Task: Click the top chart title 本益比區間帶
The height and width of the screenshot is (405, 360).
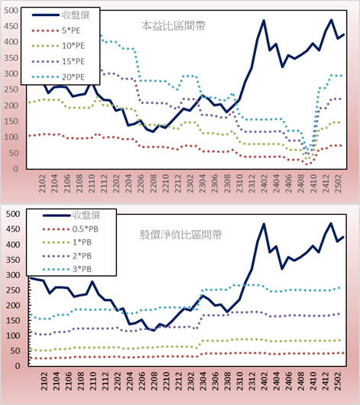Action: pyautogui.click(x=174, y=26)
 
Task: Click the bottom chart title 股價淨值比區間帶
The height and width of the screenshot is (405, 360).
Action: pyautogui.click(x=180, y=235)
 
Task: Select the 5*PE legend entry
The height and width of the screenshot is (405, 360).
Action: pyautogui.click(x=56, y=31)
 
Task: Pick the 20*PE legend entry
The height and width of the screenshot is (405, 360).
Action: pyautogui.click(x=58, y=77)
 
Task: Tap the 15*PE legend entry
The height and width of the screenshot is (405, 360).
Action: pyautogui.click(x=58, y=61)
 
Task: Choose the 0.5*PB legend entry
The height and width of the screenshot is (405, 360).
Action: pyautogui.click(x=70, y=229)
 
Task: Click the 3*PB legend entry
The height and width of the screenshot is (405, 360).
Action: pyautogui.click(x=67, y=269)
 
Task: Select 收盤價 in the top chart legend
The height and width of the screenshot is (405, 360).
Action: pyautogui.click(x=60, y=15)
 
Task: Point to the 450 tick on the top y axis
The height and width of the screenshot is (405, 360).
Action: pyautogui.click(x=11, y=26)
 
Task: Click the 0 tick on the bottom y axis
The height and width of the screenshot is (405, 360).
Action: pyautogui.click(x=17, y=366)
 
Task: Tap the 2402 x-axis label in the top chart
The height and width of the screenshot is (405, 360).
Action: pyautogui.click(x=264, y=183)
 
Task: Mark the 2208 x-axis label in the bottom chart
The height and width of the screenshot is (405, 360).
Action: pyautogui.click(x=154, y=381)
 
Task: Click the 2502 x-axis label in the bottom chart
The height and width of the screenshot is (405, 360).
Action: pyautogui.click(x=338, y=381)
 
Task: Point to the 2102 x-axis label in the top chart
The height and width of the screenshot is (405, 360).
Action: pyautogui.click(x=42, y=183)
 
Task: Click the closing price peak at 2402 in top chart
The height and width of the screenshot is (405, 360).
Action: pyautogui.click(x=264, y=20)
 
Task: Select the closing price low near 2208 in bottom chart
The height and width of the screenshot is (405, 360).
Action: pyautogui.click(x=154, y=330)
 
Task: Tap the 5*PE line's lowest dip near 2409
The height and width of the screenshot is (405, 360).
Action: pyautogui.click(x=306, y=164)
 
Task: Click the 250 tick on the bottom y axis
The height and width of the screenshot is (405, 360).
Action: pyautogui.click(x=13, y=290)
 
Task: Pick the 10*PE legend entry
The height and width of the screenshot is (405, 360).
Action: pyautogui.click(x=58, y=46)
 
